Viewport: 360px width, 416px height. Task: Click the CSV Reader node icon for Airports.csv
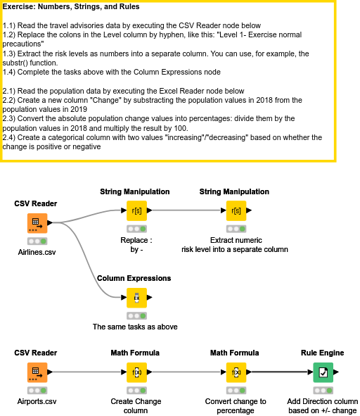coord(37,372)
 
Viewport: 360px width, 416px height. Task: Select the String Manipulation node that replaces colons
coord(136,210)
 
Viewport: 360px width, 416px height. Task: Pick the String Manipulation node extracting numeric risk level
coord(236,210)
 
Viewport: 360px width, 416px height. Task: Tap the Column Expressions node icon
coord(136,298)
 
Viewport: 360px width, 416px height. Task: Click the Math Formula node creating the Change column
coord(136,372)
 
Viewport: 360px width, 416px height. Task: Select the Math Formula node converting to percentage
coord(236,372)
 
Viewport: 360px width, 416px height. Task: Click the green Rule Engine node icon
coord(322,372)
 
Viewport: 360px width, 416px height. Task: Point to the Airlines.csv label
coord(37,252)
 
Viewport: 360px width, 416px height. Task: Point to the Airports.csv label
coord(36,401)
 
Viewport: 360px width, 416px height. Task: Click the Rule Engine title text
coord(323,353)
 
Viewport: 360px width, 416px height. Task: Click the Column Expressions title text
coord(134,279)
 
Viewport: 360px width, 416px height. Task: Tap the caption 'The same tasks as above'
coord(135,327)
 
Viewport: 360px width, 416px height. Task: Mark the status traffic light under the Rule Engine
coord(322,390)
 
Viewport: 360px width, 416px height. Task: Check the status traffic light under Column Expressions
coord(136,316)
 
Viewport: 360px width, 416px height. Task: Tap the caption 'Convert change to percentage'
coord(235,406)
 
